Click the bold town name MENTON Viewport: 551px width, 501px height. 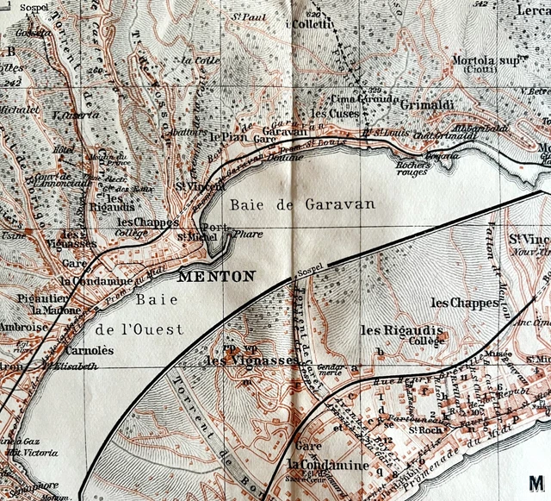216,277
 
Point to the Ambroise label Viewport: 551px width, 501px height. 23,328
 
